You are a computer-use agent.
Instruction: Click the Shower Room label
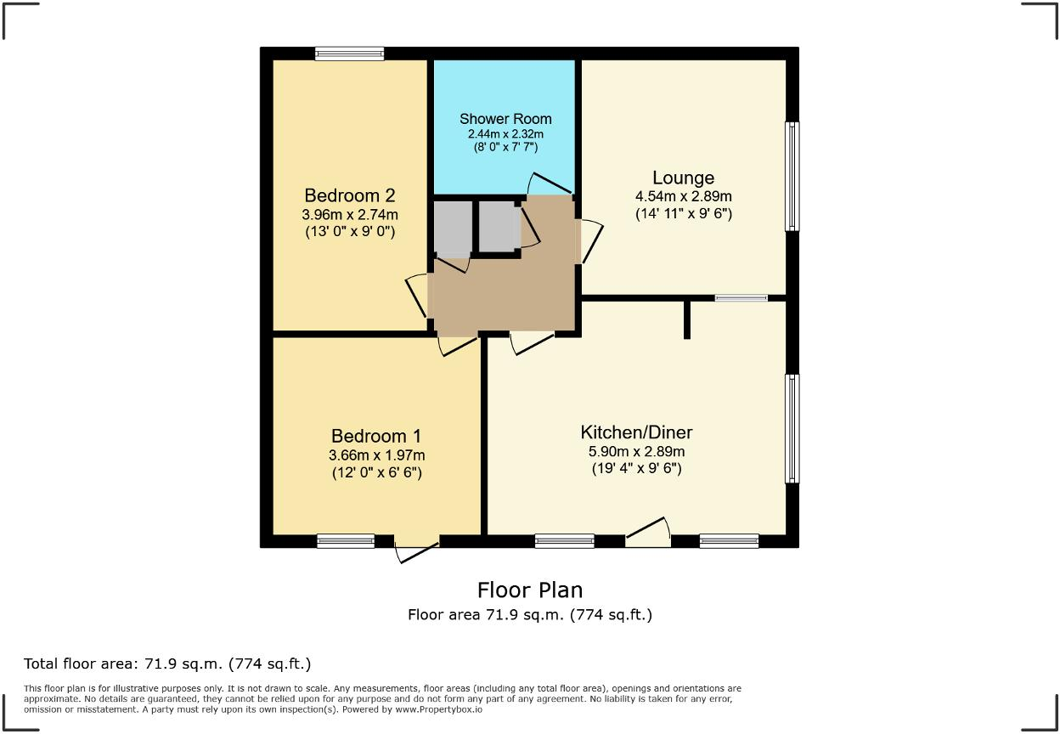505,119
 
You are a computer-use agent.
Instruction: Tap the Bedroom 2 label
350,195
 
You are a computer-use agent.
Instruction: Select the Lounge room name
684,178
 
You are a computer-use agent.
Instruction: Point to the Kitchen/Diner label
636,432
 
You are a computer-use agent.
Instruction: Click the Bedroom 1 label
376,436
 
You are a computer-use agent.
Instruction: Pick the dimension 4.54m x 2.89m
684,196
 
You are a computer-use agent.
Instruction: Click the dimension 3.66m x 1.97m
376,455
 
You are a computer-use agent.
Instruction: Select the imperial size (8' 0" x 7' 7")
506,147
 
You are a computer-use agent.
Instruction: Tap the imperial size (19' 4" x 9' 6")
636,468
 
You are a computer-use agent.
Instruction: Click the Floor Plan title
530,590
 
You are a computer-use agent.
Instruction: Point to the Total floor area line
167,664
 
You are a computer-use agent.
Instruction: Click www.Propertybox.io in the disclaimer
438,709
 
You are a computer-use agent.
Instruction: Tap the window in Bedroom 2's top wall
350,54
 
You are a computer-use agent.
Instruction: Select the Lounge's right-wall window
792,177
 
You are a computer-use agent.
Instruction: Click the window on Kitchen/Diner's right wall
792,429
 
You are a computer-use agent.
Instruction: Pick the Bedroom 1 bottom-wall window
346,541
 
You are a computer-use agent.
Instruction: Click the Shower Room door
550,183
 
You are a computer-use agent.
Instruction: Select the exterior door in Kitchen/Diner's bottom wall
648,533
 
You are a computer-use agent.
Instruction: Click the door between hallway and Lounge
589,241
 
